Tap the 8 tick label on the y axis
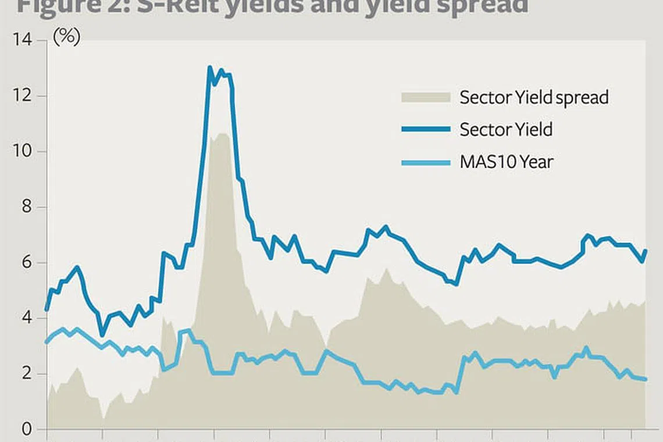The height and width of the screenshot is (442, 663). click(x=26, y=208)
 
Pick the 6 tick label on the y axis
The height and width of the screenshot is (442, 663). click(x=26, y=263)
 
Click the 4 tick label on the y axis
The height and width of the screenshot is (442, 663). click(x=26, y=319)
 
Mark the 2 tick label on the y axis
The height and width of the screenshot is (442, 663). click(x=26, y=374)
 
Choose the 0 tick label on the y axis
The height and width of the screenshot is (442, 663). click(x=26, y=430)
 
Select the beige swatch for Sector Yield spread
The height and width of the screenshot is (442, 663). click(x=426, y=97)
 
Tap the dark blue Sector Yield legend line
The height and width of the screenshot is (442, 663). click(x=426, y=129)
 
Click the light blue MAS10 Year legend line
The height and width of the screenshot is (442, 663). click(x=426, y=162)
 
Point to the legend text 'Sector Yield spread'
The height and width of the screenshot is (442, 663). click(x=534, y=97)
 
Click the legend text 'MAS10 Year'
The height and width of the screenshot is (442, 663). click(x=506, y=162)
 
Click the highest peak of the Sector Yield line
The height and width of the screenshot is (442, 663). click(x=210, y=67)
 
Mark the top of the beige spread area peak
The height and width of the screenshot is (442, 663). click(x=222, y=134)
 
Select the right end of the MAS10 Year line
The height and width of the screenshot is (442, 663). click(x=646, y=379)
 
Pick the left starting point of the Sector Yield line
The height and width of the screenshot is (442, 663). click(x=47, y=309)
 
